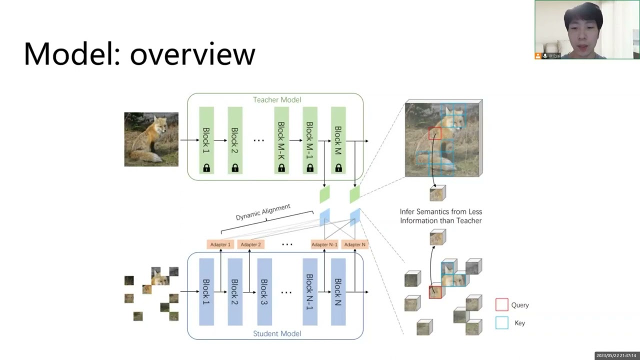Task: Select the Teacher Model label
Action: pyautogui.click(x=276, y=99)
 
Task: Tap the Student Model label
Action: pyautogui.click(x=276, y=333)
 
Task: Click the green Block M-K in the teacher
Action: pyautogui.click(x=281, y=140)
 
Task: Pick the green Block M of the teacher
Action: pyautogui.click(x=338, y=140)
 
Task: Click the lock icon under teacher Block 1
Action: pyautogui.click(x=206, y=168)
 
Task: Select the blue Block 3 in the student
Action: pyautogui.click(x=264, y=291)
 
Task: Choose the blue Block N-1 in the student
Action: pyautogui.click(x=310, y=291)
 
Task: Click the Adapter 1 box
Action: pyautogui.click(x=220, y=244)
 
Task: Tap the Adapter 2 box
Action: pyautogui.click(x=250, y=244)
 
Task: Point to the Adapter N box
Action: pyautogui.click(x=354, y=244)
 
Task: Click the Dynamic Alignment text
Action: pyautogui.click(x=263, y=212)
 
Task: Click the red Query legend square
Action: pyautogui.click(x=501, y=304)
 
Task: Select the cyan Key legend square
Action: pyautogui.click(x=501, y=322)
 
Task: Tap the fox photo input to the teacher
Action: pyautogui.click(x=151, y=139)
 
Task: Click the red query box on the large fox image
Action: pyautogui.click(x=435, y=133)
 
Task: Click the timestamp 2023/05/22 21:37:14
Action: pyautogui.click(x=615, y=355)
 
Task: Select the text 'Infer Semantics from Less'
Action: pyautogui.click(x=440, y=211)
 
